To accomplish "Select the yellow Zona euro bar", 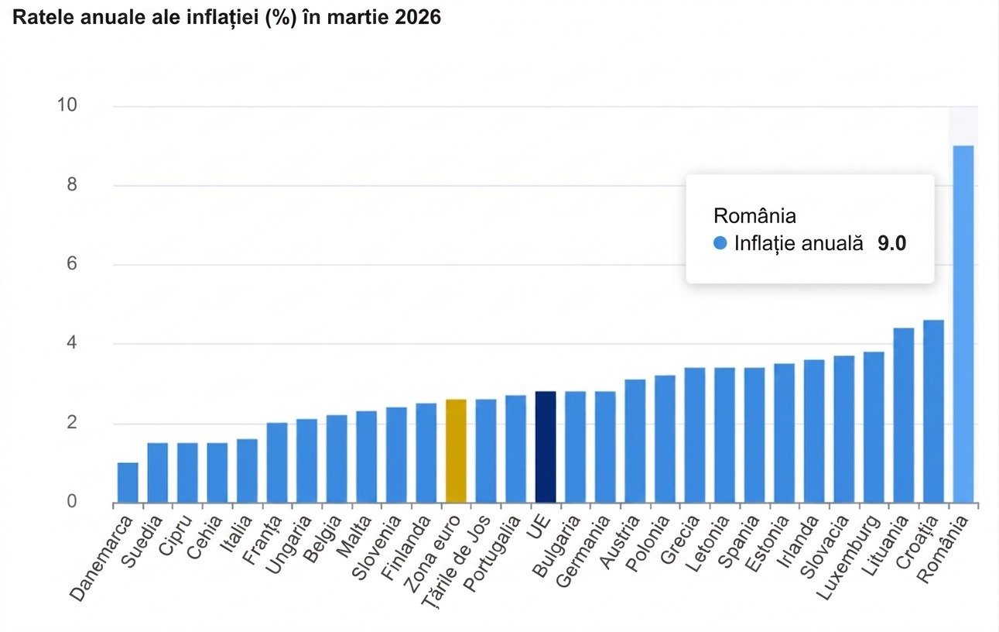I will point(457,451).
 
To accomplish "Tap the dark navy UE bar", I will point(546,447).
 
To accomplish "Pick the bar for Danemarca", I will point(128,483).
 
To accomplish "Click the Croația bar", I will point(933,411).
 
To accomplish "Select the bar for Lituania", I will point(904,415).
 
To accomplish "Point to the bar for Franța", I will point(277,462).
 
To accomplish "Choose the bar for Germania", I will point(605,447).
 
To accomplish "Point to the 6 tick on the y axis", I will point(72,264).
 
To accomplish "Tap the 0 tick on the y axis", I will point(72,502).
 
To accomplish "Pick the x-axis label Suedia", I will point(143,540).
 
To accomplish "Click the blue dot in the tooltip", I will point(720,243).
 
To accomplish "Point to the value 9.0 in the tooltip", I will point(891,243).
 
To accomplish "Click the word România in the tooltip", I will point(754,215).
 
